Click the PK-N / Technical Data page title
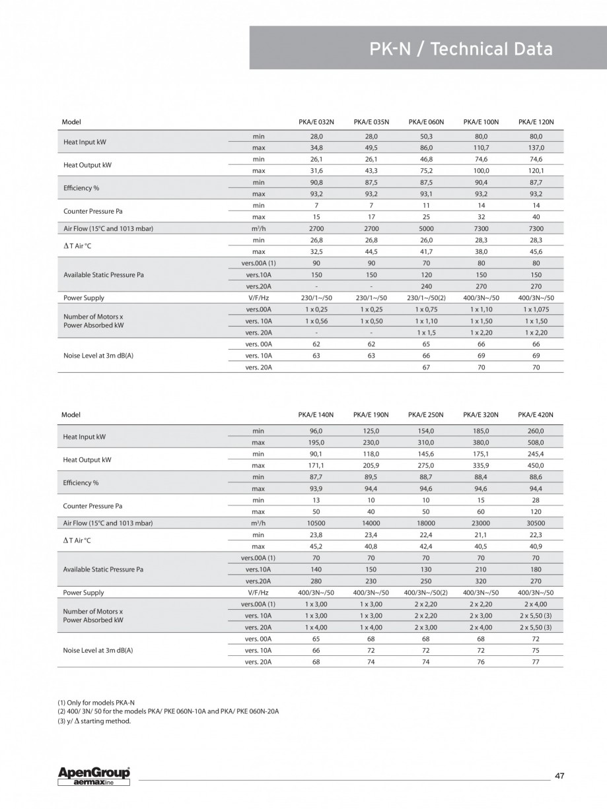click(460, 49)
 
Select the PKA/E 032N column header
click(316, 122)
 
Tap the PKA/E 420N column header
click(536, 414)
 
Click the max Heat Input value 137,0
click(536, 147)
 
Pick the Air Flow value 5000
click(426, 228)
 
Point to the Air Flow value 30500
click(536, 523)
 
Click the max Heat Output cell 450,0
click(536, 466)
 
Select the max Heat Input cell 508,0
click(536, 442)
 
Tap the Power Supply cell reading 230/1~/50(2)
click(426, 298)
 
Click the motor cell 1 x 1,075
click(536, 309)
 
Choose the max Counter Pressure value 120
click(536, 511)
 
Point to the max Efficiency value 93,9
click(316, 488)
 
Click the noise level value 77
click(536, 661)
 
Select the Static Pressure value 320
click(481, 581)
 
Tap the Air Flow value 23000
click(481, 523)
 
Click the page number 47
click(559, 775)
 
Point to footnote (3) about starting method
click(94, 721)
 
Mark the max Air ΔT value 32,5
click(316, 251)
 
